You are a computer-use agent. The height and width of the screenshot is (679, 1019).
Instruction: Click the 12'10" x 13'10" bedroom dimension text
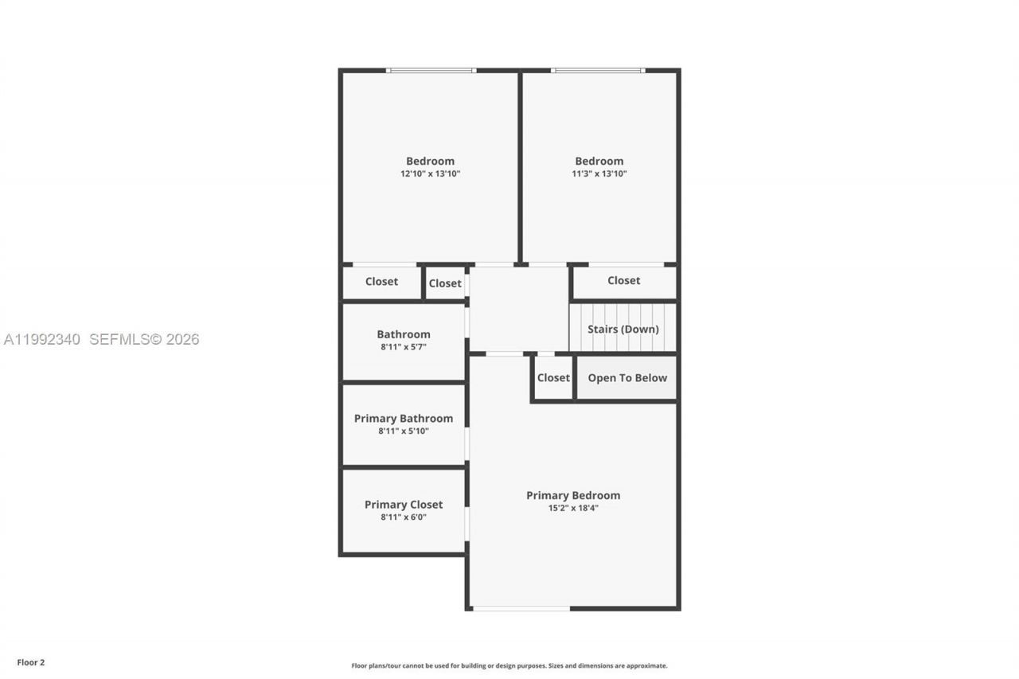pyautogui.click(x=430, y=174)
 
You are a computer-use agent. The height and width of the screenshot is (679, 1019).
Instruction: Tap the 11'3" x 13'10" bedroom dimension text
pyautogui.click(x=599, y=174)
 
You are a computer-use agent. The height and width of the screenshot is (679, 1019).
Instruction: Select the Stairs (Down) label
pyautogui.click(x=623, y=329)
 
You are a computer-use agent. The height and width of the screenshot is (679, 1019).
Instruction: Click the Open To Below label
pyautogui.click(x=627, y=378)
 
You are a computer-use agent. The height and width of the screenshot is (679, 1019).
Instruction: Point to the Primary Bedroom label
pyautogui.click(x=572, y=495)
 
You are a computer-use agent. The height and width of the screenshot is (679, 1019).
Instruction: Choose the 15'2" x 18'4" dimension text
pyautogui.click(x=572, y=508)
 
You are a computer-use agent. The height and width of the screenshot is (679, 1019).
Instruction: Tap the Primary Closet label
pyautogui.click(x=404, y=505)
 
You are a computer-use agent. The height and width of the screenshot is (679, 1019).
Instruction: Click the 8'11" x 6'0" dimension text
pyautogui.click(x=404, y=517)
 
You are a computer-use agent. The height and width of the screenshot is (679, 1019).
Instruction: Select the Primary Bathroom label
pyautogui.click(x=404, y=419)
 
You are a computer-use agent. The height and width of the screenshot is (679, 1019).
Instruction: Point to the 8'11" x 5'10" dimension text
pyautogui.click(x=404, y=431)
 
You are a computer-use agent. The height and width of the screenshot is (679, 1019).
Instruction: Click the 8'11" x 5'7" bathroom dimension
pyautogui.click(x=404, y=347)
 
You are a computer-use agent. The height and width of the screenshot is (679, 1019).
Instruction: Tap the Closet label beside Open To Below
pyautogui.click(x=553, y=378)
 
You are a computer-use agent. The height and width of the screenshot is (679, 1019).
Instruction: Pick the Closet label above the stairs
pyautogui.click(x=623, y=280)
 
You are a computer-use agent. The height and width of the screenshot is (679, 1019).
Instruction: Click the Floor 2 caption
pyautogui.click(x=31, y=661)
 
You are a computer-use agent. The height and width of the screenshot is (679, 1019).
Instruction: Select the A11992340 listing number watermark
pyautogui.click(x=42, y=340)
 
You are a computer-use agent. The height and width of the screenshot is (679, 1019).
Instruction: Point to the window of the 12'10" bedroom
pyautogui.click(x=431, y=71)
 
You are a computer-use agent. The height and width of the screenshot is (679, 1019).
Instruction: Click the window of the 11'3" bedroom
pyautogui.click(x=598, y=71)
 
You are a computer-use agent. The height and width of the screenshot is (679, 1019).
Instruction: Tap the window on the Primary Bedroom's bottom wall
pyautogui.click(x=521, y=609)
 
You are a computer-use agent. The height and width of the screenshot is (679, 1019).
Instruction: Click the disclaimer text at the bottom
pyautogui.click(x=509, y=665)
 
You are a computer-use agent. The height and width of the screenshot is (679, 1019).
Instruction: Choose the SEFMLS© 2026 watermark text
pyautogui.click(x=144, y=340)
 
